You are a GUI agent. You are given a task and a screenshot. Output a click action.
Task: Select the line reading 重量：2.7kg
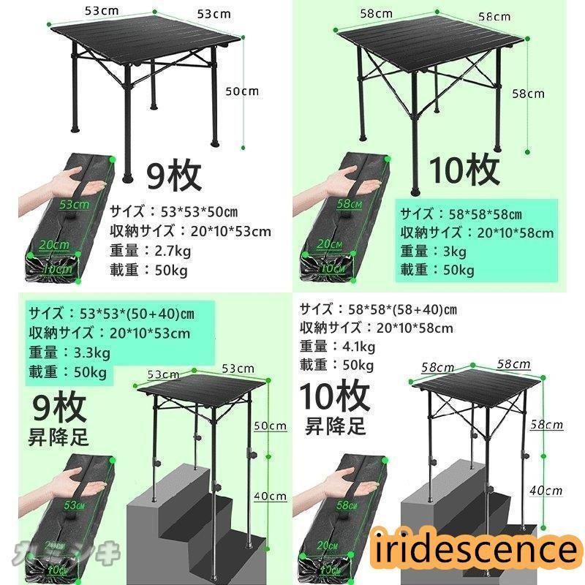click(150, 251)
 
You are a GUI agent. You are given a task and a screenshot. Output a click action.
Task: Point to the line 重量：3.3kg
click(70, 352)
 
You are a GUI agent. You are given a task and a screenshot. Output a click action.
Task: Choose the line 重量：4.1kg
click(337, 347)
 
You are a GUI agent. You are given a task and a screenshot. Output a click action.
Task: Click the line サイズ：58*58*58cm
click(461, 214)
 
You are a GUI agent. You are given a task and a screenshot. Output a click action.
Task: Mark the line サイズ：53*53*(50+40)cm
click(111, 314)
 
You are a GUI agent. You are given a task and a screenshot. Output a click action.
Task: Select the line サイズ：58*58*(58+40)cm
click(378, 309)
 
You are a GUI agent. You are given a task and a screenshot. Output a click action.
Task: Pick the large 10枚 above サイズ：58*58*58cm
click(464, 170)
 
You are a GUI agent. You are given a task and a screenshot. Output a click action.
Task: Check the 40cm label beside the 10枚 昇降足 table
click(548, 491)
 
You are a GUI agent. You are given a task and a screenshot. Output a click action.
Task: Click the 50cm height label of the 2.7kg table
click(242, 91)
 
